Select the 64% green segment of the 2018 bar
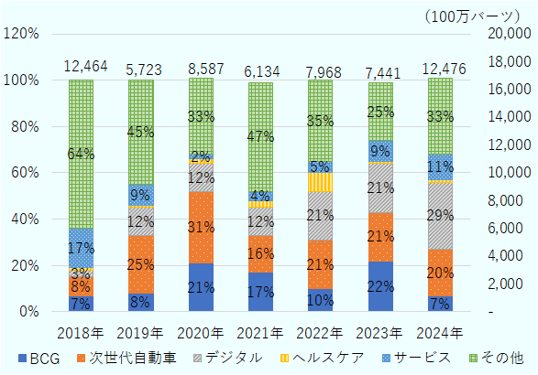[81, 154]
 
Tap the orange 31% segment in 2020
[201, 227]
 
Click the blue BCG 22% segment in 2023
[381, 286]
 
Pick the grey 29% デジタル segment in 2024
[441, 216]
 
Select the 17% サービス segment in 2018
[81, 248]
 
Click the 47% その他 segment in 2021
[261, 137]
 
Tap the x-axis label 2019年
[140, 331]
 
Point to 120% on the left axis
[21, 34]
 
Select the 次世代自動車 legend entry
[101, 359]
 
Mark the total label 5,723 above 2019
[140, 68]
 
